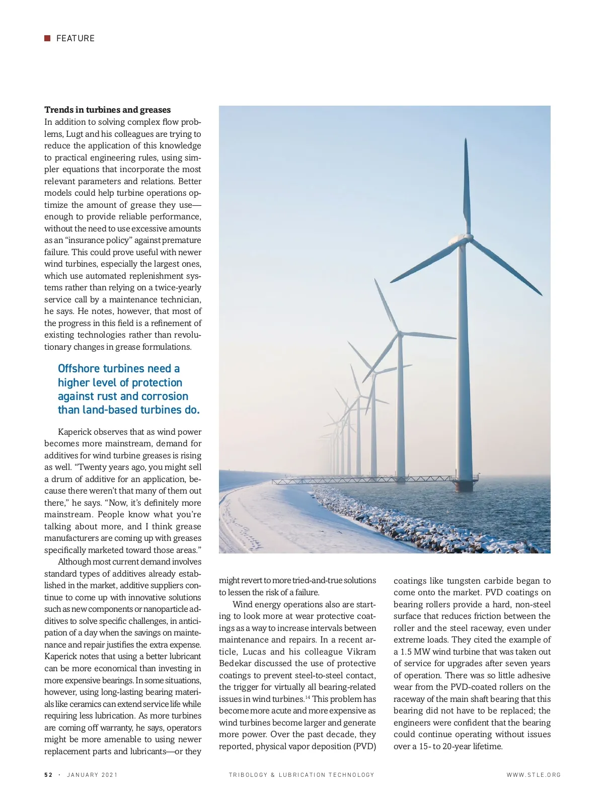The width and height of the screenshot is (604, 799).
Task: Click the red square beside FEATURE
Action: tap(47, 38)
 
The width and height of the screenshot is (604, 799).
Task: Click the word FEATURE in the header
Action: tap(75, 38)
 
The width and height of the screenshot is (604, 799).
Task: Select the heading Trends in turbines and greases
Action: tap(107, 110)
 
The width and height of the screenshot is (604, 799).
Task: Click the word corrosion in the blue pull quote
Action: tap(165, 396)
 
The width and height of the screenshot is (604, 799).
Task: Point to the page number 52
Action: tap(48, 775)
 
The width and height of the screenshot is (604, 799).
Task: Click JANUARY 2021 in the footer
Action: tap(92, 775)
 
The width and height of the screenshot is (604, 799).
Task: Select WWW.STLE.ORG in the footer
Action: tap(534, 775)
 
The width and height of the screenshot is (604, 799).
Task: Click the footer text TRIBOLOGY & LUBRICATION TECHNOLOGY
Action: tap(301, 775)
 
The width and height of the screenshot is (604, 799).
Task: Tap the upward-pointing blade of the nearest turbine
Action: tap(467, 186)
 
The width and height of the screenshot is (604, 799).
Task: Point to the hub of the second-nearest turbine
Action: tap(400, 333)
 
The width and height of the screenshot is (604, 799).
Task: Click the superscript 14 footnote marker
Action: tap(308, 697)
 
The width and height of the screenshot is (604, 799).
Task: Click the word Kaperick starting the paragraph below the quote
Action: tap(75, 432)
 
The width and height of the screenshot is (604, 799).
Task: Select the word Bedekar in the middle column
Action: tap(236, 663)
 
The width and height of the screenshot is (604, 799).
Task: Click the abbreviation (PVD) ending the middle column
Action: tap(365, 746)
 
